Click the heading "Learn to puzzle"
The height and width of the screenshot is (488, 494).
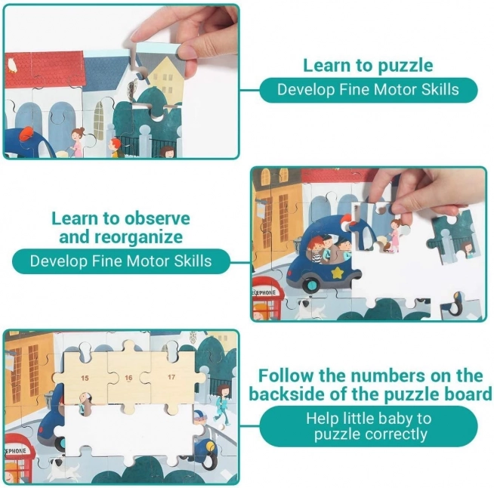[x=368, y=65]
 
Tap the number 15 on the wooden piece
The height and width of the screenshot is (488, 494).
[x=85, y=378]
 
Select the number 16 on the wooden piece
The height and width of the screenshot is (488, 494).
[x=128, y=378]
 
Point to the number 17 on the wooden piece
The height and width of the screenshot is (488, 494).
[x=171, y=377]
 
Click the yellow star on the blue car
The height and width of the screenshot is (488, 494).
[x=338, y=273]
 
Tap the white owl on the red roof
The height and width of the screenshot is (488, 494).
[x=12, y=65]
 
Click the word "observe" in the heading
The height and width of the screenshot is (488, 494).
[x=157, y=218]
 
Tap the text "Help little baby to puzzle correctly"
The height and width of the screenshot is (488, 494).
[x=369, y=426]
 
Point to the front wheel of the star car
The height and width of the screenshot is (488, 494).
[x=312, y=285]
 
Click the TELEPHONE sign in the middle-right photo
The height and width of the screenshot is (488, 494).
[x=264, y=292]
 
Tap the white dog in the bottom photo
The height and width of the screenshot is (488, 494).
[x=62, y=468]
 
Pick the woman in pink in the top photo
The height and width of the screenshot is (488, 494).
[x=77, y=142]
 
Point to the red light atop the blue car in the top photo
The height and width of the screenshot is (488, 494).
[x=26, y=134]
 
